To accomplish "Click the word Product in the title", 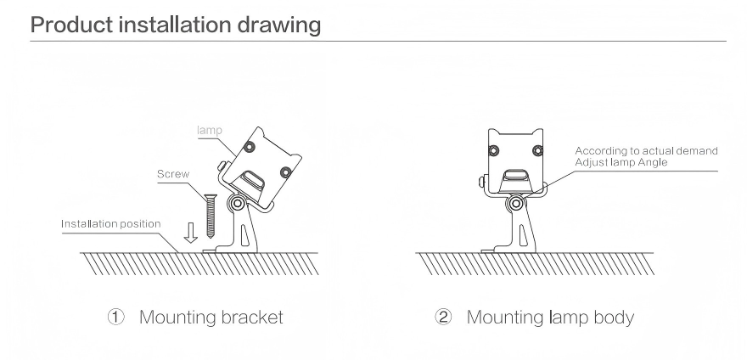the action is (71, 25).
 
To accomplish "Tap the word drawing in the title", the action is (278, 25).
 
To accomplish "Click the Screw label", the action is (173, 174).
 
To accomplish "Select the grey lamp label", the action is (210, 130).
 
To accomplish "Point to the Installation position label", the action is (111, 223).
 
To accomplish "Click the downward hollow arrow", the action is (190, 232).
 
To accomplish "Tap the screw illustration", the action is (210, 215).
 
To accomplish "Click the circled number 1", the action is (115, 317).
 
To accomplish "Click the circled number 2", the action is (443, 317).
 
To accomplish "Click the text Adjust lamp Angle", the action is (621, 162).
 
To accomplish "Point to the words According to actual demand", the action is (646, 151).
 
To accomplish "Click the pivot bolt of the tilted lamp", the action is (237, 204).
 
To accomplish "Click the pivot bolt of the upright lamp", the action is (515, 204).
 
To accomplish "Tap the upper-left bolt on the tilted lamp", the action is (248, 147).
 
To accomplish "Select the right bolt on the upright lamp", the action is (537, 151).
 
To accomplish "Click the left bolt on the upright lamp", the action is (493, 151).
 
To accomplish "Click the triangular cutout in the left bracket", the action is (244, 233).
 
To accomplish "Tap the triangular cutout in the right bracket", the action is (522, 233).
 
